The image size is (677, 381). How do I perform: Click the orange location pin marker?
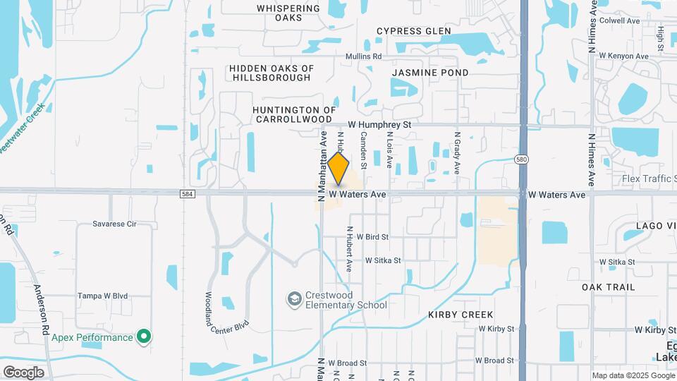tap(338, 169)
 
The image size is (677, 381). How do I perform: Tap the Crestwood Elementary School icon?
tap(293, 300)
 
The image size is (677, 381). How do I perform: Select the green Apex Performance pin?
tap(144, 337)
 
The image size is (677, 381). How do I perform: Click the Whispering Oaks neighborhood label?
tap(279, 12)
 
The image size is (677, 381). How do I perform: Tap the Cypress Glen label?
tap(414, 31)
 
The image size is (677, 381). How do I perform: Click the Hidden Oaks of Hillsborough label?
tap(272, 73)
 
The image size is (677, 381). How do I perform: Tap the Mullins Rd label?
tap(363, 56)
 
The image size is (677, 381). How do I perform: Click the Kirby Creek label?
tap(461, 314)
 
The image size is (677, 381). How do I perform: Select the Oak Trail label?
tap(608, 287)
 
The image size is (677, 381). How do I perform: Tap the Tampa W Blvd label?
tap(102, 296)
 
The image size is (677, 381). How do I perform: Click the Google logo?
tap(23, 372)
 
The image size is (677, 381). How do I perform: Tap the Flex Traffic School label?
tap(649, 179)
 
